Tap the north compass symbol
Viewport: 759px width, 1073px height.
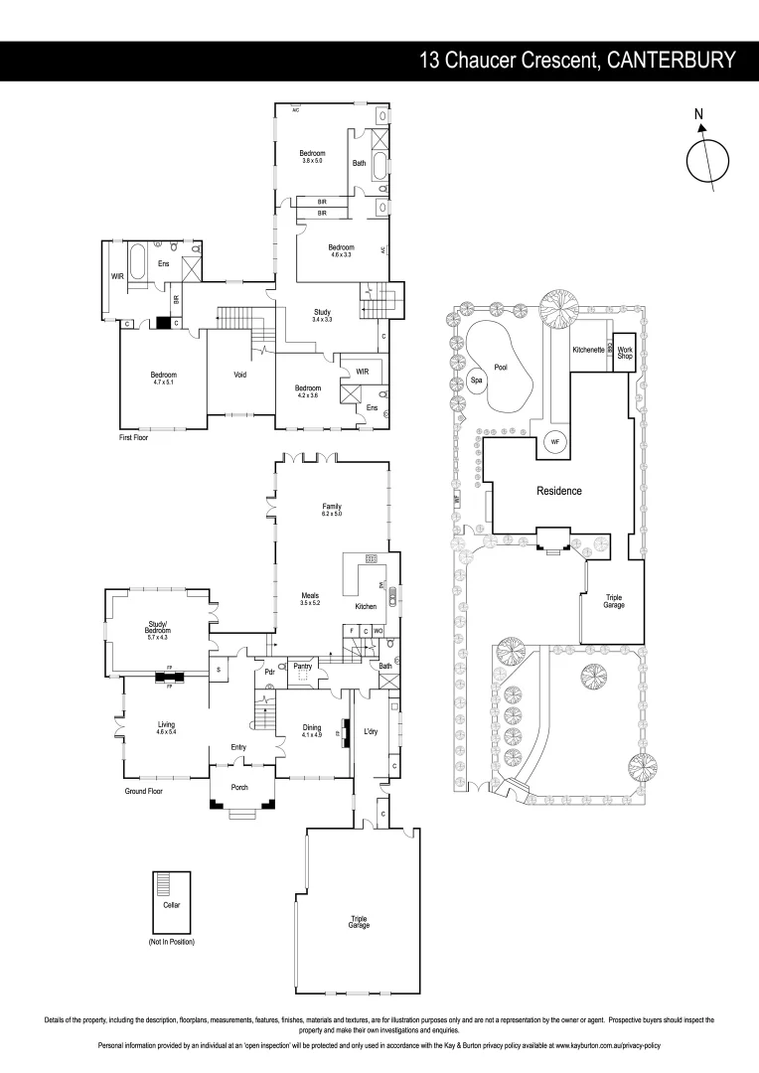(707, 158)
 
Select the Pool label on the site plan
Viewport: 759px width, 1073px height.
(501, 367)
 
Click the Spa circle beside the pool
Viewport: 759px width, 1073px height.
(476, 380)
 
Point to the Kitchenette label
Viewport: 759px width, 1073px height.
(589, 350)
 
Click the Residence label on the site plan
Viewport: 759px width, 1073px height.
(558, 491)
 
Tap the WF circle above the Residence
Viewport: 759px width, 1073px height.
(555, 441)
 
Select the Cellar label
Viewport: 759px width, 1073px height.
(172, 905)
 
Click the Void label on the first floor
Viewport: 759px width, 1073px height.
(239, 375)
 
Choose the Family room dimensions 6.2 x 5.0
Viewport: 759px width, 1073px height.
(331, 514)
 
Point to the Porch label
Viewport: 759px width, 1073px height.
(239, 787)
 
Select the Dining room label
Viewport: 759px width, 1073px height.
(311, 727)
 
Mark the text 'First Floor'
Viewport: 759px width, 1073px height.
(132, 436)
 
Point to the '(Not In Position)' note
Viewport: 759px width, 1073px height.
(171, 940)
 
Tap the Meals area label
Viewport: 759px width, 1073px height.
(311, 595)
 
